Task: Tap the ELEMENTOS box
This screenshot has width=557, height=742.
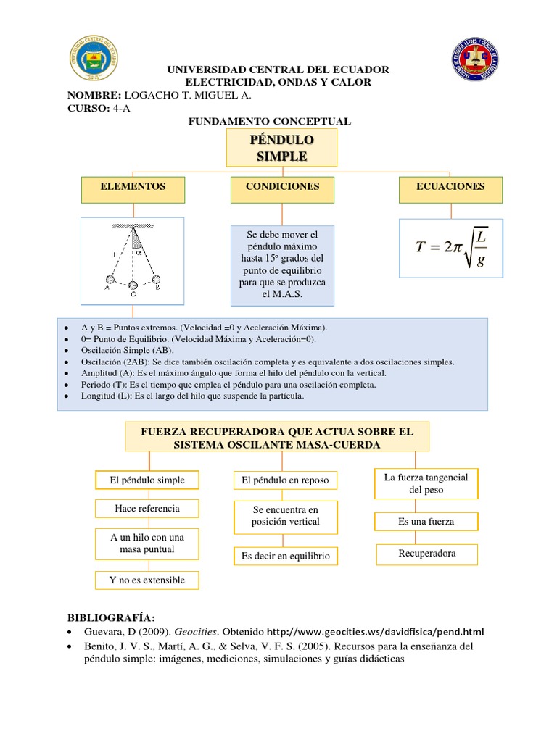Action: pos(133,187)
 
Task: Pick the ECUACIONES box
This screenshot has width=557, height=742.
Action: pos(450,187)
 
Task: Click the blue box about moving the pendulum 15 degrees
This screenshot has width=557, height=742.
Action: pos(282,265)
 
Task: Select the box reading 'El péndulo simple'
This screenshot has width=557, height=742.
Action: pos(147,480)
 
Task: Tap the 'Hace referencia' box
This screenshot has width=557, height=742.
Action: pos(147,509)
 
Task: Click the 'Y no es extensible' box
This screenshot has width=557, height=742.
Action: pos(147,580)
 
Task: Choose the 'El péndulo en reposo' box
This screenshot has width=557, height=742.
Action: pos(286,480)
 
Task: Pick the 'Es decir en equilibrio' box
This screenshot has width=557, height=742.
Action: pos(286,556)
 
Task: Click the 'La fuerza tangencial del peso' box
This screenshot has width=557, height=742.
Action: pos(426,484)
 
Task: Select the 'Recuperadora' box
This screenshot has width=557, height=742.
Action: pos(426,554)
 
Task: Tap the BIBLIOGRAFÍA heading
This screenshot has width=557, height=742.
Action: pos(111,617)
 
